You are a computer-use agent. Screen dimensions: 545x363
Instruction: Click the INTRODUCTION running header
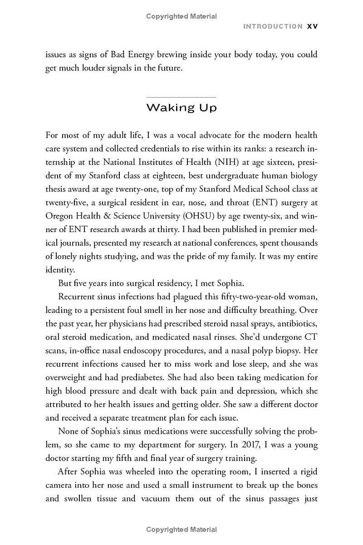point(273,26)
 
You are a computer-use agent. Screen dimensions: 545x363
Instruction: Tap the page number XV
point(313,26)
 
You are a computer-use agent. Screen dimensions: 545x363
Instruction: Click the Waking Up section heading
point(181,108)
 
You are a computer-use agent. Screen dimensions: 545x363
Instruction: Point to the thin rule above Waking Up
point(181,97)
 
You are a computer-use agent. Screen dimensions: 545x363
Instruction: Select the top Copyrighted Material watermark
point(181,16)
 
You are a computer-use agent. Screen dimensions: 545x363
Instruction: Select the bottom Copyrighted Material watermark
point(181,530)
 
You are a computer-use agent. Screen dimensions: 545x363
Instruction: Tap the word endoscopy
point(148,351)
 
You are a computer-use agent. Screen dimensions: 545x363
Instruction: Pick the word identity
point(60,270)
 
